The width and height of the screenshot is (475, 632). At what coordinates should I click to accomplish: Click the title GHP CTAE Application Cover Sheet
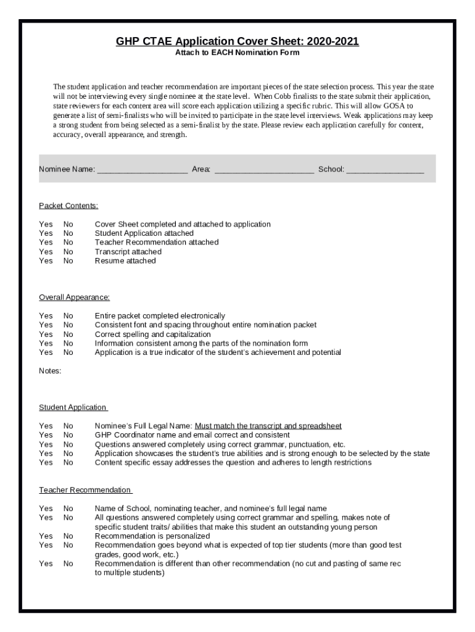[x=238, y=41]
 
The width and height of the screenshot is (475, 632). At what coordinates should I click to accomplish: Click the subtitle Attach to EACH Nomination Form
[x=238, y=52]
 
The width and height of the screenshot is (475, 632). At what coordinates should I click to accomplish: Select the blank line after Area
[x=263, y=169]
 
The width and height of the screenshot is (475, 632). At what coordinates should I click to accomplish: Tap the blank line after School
[x=385, y=169]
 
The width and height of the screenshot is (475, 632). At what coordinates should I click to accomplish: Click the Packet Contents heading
[x=68, y=206]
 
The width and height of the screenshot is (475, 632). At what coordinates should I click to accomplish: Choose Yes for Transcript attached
[x=46, y=252]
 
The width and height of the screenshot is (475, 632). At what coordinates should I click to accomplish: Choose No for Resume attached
[x=68, y=261]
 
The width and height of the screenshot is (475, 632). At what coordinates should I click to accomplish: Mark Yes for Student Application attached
[x=46, y=233]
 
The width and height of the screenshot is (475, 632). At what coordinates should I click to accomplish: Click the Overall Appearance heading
[x=74, y=297]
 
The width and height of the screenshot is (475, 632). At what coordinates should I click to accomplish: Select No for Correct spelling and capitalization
[x=68, y=335]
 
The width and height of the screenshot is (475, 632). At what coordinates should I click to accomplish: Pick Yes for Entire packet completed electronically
[x=46, y=316]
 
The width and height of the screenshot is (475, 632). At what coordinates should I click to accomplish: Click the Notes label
[x=50, y=371]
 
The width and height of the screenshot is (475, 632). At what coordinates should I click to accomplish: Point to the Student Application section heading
[x=73, y=407]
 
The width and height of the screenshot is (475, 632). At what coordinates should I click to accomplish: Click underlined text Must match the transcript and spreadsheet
[x=268, y=426]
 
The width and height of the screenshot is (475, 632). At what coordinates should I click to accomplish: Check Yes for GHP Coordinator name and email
[x=46, y=435]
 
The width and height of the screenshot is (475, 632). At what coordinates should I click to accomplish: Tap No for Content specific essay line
[x=68, y=462]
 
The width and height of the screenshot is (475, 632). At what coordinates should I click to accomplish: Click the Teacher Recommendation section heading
[x=85, y=490]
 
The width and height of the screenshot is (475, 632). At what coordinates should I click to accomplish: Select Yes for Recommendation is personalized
[x=46, y=536]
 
